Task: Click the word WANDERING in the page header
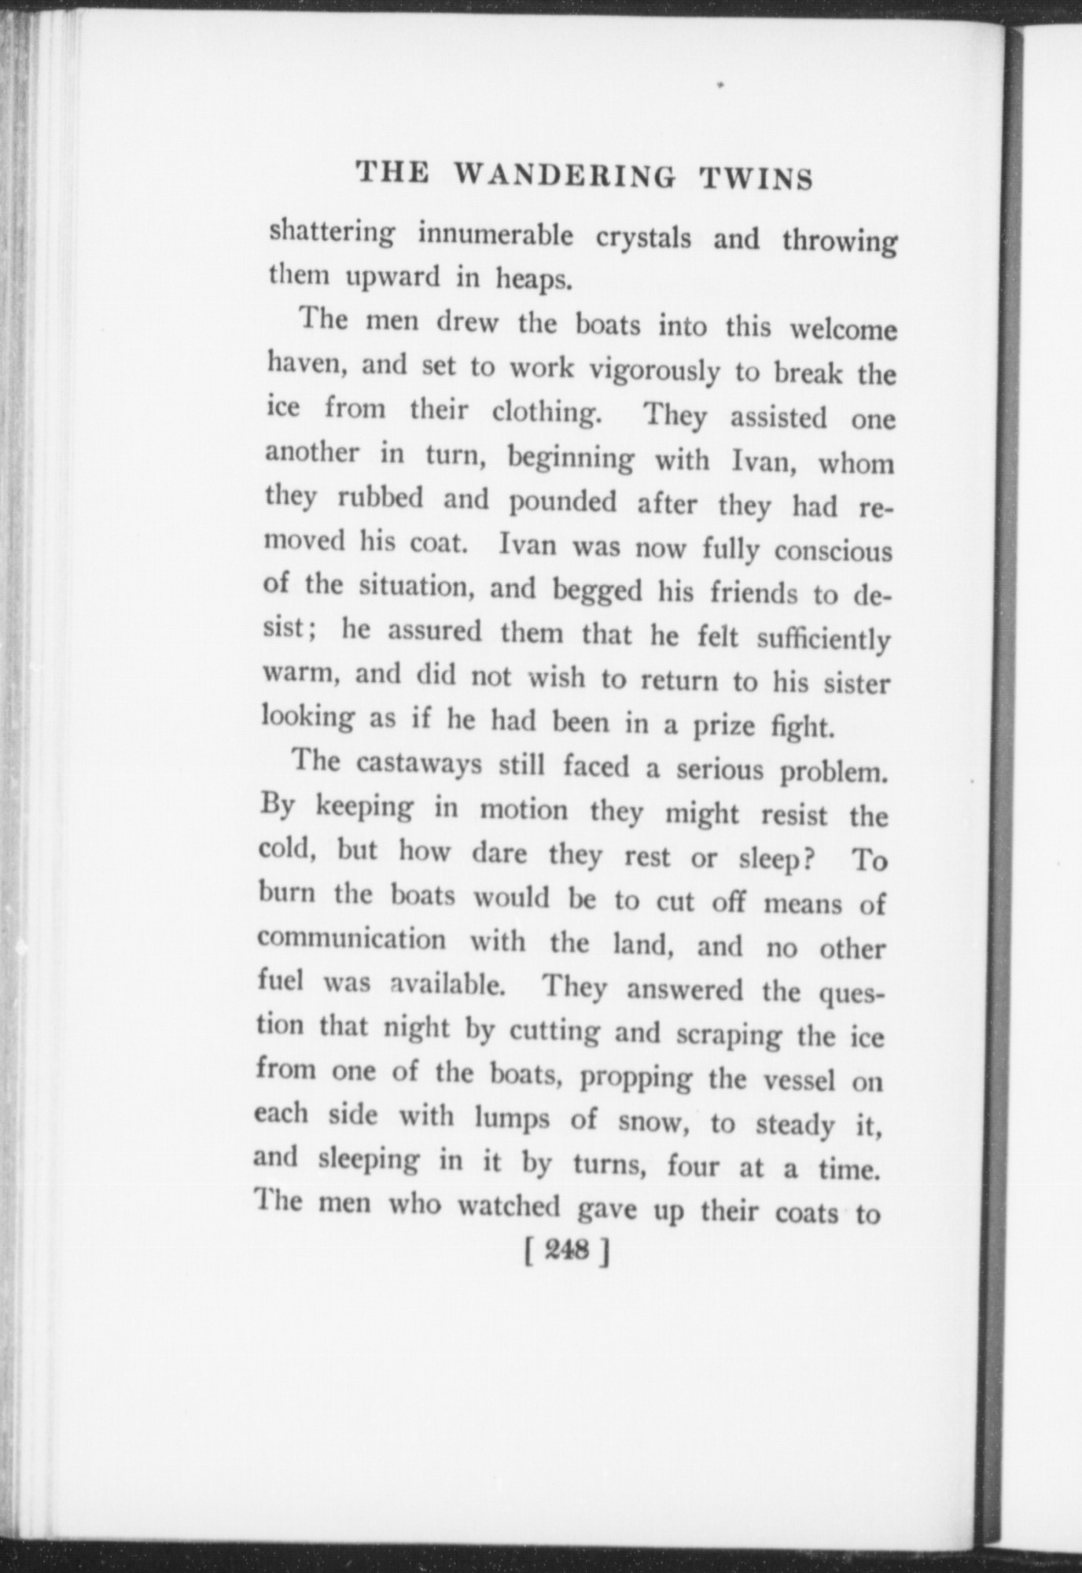click(565, 176)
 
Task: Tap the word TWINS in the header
click(756, 179)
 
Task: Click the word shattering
click(331, 234)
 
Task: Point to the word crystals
click(643, 238)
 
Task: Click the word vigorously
click(654, 370)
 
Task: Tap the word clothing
click(547, 412)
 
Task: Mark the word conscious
click(834, 551)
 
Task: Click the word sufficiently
click(823, 639)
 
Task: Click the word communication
click(351, 938)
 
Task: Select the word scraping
click(728, 1034)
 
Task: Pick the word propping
click(635, 1078)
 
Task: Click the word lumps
click(512, 1118)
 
